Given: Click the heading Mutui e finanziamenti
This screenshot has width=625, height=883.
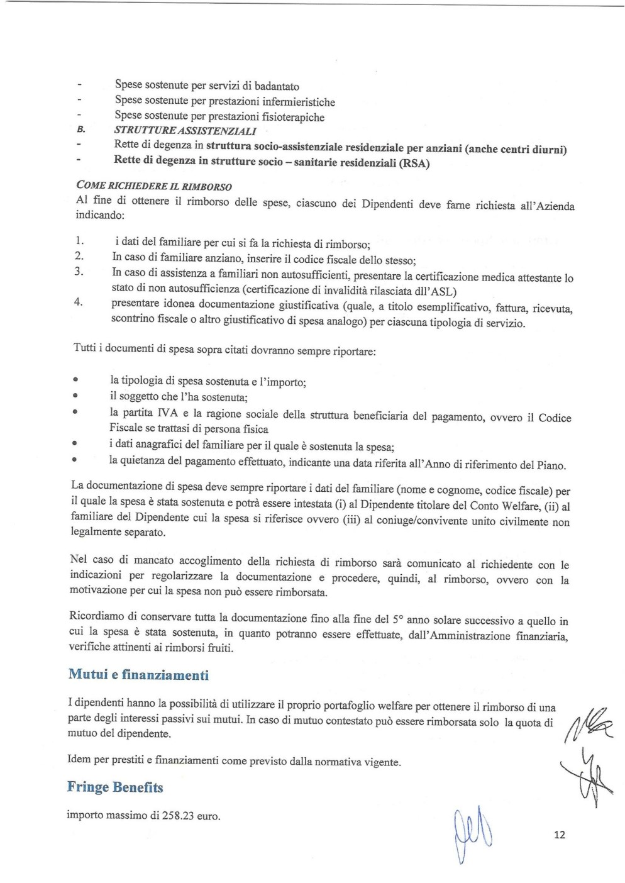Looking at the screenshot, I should tap(138, 675).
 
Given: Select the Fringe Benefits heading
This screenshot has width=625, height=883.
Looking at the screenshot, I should tap(115, 787).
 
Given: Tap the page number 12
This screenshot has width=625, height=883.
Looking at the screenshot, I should tap(560, 835).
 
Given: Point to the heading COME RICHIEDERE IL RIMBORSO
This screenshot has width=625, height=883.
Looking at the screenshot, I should tap(153, 186).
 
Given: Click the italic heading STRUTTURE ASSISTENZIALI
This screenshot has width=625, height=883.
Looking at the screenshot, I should tap(185, 131).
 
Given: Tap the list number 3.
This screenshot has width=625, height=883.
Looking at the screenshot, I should tap(79, 272).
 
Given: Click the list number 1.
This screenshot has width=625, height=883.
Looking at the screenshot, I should tap(79, 241).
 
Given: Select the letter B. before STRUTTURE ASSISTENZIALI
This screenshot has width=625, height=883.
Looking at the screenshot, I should tap(80, 131).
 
